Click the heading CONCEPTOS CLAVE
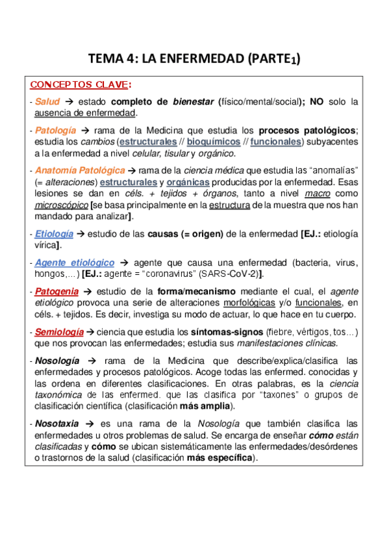80,85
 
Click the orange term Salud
47,102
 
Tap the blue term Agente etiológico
75,263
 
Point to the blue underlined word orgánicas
192,183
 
